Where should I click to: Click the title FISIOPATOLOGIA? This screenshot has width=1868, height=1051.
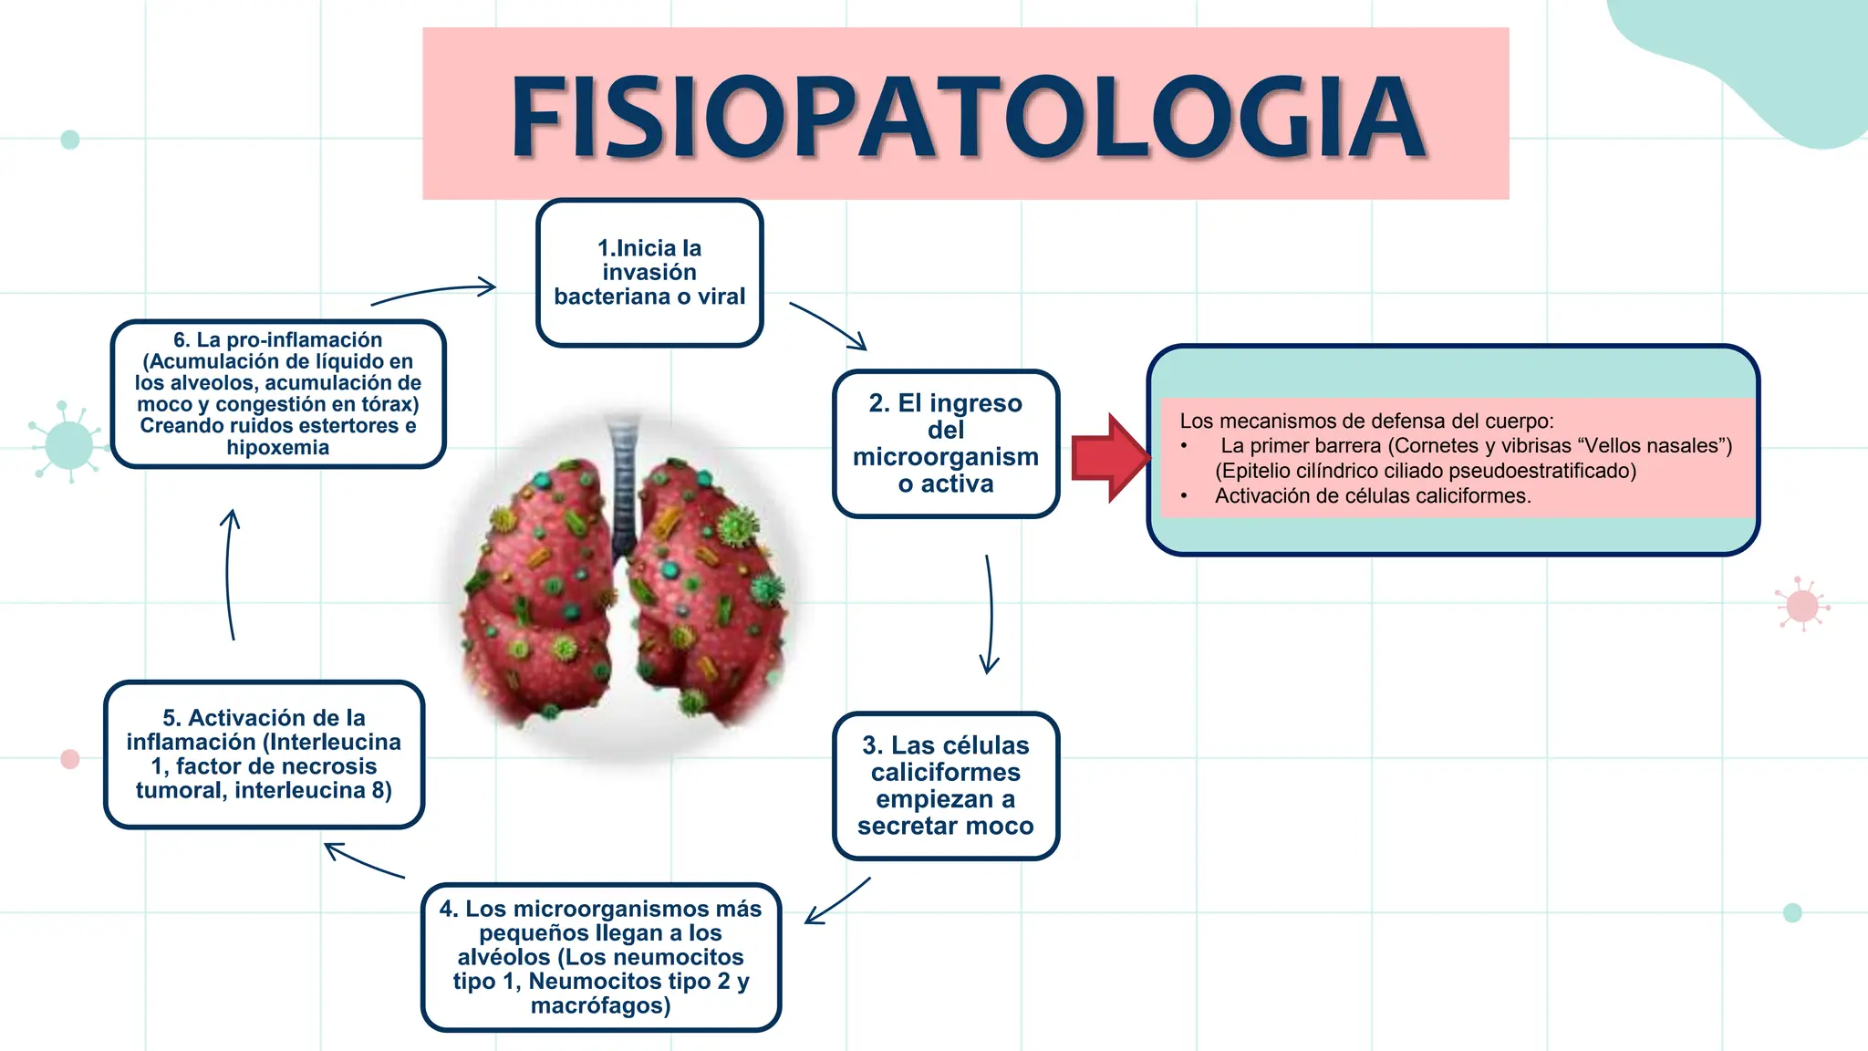969,117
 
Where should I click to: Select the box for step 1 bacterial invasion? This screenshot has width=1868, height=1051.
649,273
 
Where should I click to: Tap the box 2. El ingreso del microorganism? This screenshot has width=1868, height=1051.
946,443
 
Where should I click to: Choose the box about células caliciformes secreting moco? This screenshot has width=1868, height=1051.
946,786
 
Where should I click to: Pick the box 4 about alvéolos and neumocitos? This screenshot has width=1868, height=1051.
601,957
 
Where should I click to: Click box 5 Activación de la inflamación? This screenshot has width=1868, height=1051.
264,754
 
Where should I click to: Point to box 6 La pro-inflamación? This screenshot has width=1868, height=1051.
278,394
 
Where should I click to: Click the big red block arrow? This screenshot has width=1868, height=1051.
1111,457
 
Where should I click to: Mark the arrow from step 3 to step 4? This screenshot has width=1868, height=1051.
838,900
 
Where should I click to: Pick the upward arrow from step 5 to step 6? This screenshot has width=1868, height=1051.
228,574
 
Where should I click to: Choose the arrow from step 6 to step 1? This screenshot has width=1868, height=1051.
434,292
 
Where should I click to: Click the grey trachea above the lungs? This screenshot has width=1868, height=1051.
624,484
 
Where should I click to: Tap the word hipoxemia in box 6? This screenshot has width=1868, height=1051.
278,447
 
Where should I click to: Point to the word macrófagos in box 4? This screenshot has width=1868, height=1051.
601,1005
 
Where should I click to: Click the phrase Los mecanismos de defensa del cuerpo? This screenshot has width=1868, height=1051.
1366,421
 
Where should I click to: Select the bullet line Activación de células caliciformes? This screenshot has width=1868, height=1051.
1373,495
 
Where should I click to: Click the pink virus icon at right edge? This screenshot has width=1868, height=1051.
1802,605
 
